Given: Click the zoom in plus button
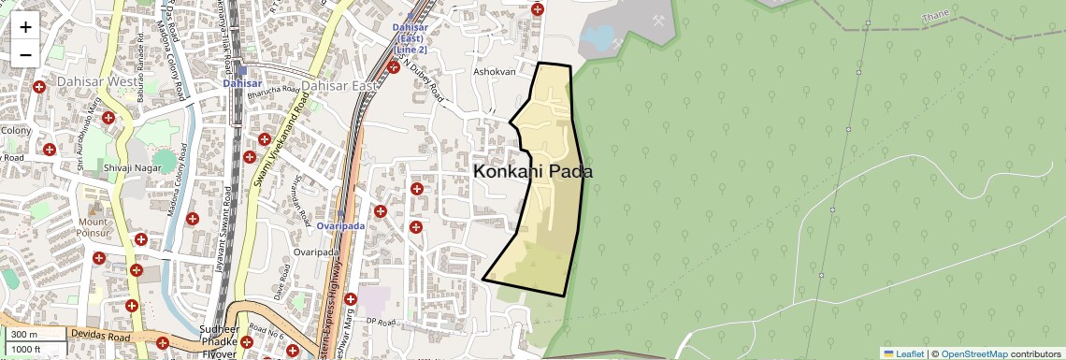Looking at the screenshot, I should tap(25, 26).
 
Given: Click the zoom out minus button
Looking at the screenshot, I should tap(25, 53).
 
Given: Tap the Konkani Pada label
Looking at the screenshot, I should tap(533, 172).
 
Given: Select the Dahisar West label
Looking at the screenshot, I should tap(96, 82).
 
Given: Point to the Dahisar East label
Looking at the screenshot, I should tap(339, 85).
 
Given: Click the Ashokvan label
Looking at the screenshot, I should tap(495, 72).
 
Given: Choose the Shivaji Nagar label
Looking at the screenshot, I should tap(126, 168).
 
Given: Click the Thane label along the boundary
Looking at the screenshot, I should tap(934, 17).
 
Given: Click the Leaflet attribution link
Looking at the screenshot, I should tap(902, 353).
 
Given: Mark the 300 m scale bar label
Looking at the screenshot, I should tap(24, 335).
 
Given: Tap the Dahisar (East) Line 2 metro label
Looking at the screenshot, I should tap(410, 37).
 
